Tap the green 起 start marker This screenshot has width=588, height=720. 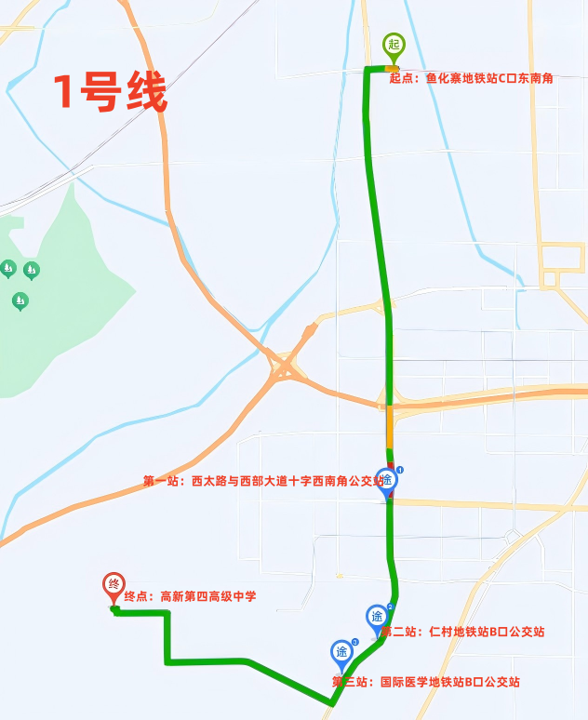click(x=394, y=46)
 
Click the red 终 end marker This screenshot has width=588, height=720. click(x=114, y=586)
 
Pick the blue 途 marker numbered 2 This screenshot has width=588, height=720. click(x=377, y=618)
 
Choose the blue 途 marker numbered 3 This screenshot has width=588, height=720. click(x=342, y=652)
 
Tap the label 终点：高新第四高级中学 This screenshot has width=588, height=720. click(x=190, y=596)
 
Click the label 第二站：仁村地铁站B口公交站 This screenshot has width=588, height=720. click(x=462, y=632)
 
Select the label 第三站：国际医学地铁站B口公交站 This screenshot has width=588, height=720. click(x=425, y=682)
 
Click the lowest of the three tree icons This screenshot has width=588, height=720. click(x=20, y=300)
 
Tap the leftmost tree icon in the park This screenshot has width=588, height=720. click(x=8, y=269)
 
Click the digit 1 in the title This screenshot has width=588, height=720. click(x=63, y=93)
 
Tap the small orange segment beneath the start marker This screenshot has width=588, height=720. click(x=393, y=69)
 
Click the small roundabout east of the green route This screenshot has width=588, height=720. click(x=511, y=537)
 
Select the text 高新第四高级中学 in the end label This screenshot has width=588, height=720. click(x=208, y=596)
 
